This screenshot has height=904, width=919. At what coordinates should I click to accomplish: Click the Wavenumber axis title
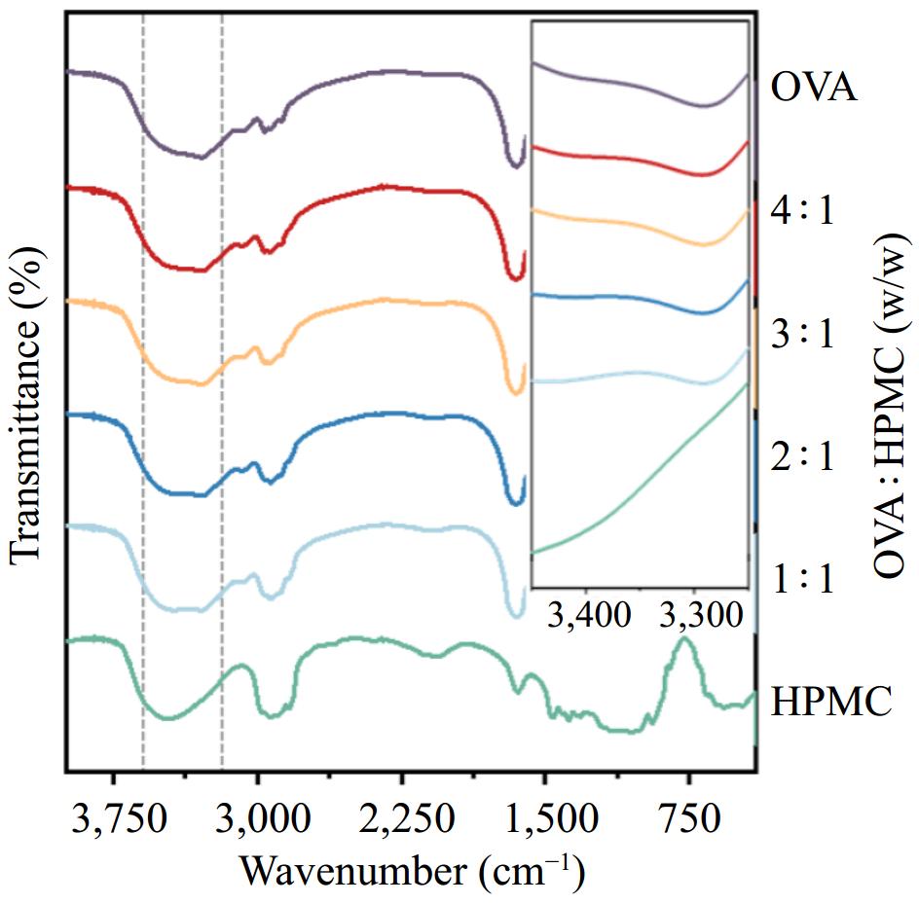(412, 868)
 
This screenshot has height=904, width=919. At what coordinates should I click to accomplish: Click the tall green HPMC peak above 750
(685, 642)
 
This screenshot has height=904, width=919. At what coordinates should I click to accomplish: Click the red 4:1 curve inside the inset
(633, 158)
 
